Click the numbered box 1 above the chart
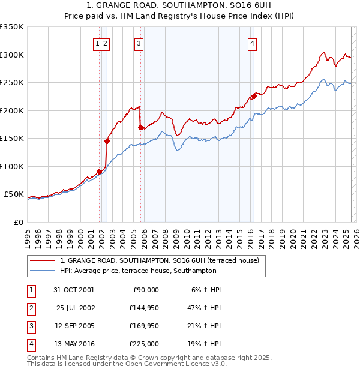click(97, 43)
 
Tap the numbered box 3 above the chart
click(139, 43)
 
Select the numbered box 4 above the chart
click(253, 43)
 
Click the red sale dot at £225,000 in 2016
click(254, 96)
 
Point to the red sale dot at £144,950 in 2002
click(107, 141)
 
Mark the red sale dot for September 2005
click(140, 127)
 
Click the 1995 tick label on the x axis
click(28, 234)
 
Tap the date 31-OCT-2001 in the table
click(74, 290)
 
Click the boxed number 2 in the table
click(31, 308)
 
